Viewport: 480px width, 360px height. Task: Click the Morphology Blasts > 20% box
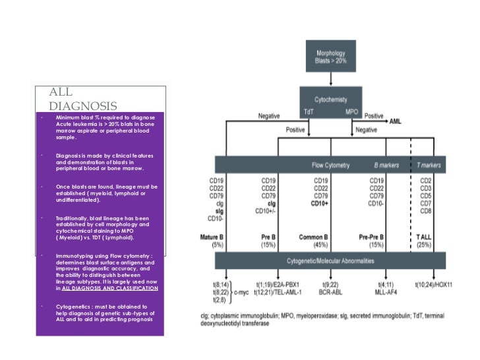tap(331, 56)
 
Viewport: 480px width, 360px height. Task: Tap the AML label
tap(395, 121)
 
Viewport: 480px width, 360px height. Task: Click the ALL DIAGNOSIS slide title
tap(82, 99)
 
